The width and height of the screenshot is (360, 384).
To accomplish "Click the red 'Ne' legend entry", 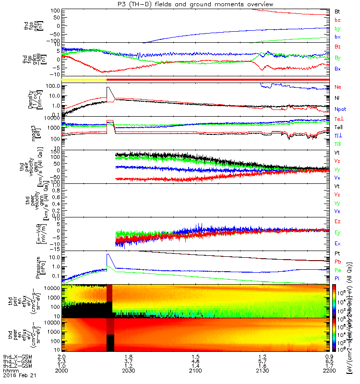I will pyautogui.click(x=337, y=87).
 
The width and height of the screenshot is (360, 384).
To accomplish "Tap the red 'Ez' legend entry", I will pyautogui.click(x=337, y=221).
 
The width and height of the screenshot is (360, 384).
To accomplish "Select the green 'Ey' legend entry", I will pyautogui.click(x=337, y=232).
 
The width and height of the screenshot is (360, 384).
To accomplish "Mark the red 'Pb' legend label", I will pyautogui.click(x=337, y=261).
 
